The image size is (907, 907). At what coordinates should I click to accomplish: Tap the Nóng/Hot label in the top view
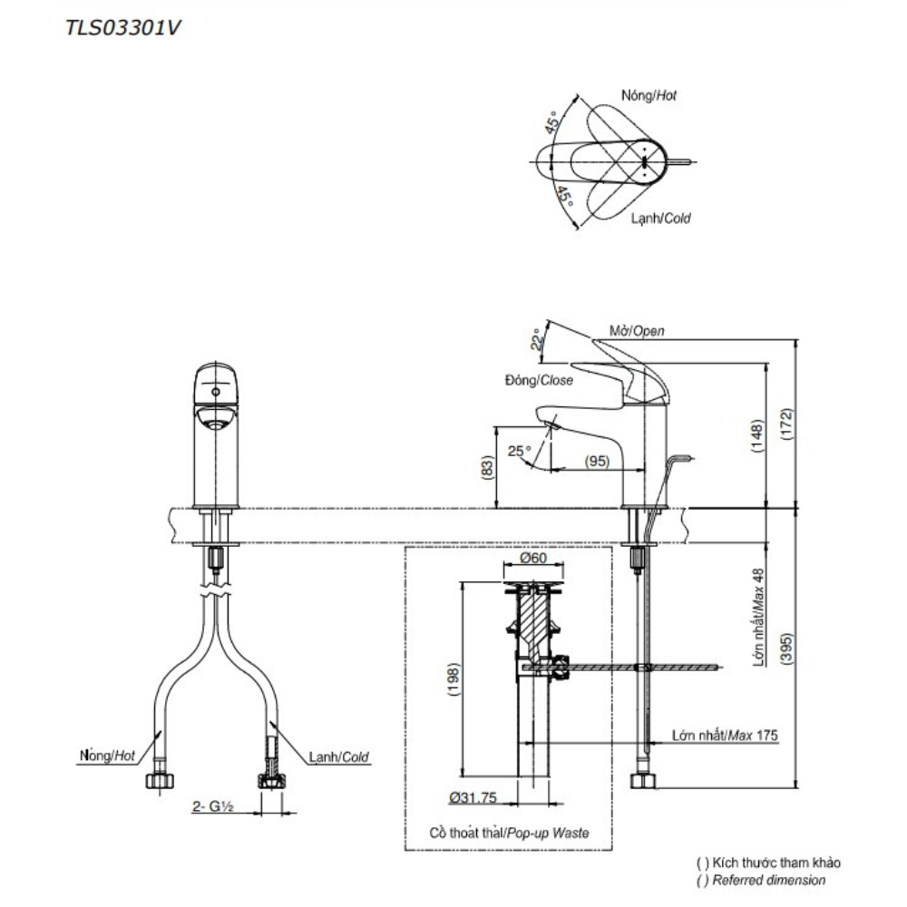649,95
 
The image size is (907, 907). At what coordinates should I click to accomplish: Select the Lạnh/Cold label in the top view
661,219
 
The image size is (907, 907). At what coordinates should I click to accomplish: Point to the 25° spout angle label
519,450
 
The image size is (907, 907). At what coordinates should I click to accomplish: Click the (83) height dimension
487,468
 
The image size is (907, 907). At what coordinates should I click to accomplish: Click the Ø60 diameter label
533,559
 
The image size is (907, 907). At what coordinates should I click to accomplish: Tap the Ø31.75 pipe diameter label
472,797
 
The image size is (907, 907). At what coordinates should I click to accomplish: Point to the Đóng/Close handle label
539,381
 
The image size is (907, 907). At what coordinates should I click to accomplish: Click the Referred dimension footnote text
760,880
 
